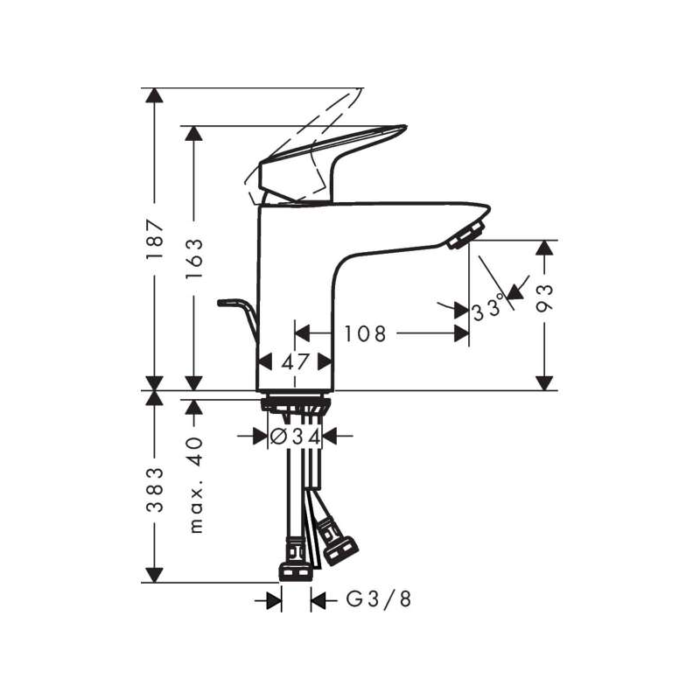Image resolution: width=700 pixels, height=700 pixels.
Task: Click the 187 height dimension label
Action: coord(155,239)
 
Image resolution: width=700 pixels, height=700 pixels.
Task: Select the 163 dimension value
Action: coord(194,255)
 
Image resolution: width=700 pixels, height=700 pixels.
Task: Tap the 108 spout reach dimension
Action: coord(364,333)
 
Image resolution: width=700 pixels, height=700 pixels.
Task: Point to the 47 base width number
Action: coord(298,360)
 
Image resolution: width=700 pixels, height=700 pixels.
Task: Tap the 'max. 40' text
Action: coord(194,483)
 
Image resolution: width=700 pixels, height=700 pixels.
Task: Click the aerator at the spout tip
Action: coord(467,234)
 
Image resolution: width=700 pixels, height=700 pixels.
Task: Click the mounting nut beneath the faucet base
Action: coord(295,404)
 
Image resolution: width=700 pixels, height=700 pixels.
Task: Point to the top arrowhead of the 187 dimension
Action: coord(155,95)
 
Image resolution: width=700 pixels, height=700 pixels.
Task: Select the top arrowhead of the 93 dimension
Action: coord(545,249)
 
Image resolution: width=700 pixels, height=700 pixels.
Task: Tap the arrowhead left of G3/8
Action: coord(274,599)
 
